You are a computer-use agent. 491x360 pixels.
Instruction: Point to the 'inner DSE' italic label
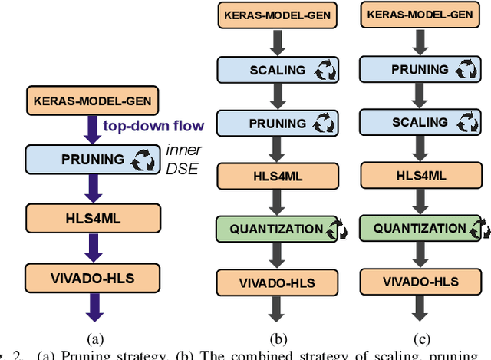pyautogui.click(x=184, y=160)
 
